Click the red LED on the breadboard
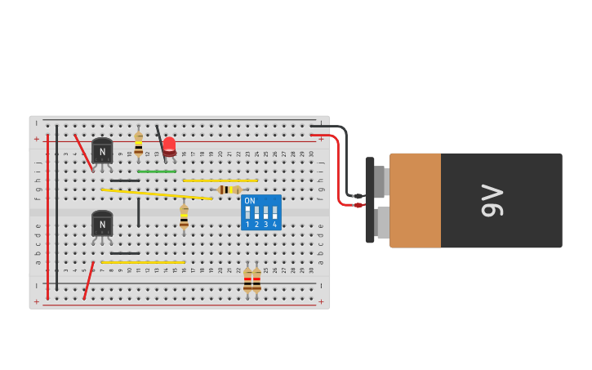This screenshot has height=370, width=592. pos(169,146)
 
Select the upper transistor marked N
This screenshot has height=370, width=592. pos(102,152)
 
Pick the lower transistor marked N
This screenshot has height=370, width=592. pos(102,224)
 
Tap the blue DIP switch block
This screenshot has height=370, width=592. pos(261,212)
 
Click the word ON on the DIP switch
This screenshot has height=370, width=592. pos(250,201)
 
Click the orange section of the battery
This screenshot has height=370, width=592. pos(415,200)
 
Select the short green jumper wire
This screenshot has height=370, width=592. pos(157,172)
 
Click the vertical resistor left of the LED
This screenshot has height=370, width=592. pos(139,144)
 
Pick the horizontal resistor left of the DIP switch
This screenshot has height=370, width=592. pos(229,189)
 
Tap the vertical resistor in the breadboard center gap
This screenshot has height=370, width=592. pos(184,216)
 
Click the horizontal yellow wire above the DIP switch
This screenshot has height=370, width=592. pos(220,181)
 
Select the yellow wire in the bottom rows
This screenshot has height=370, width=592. pos(143,262)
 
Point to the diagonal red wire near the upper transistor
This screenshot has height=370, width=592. pos(83,152)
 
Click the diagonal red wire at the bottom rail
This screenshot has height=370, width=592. pos(88,280)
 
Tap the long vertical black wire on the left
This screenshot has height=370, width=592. pos(57,208)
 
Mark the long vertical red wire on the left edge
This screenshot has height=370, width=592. pos(48,216)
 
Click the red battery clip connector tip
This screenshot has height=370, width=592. pos(358,205)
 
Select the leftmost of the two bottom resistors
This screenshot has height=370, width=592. pos(247,281)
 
